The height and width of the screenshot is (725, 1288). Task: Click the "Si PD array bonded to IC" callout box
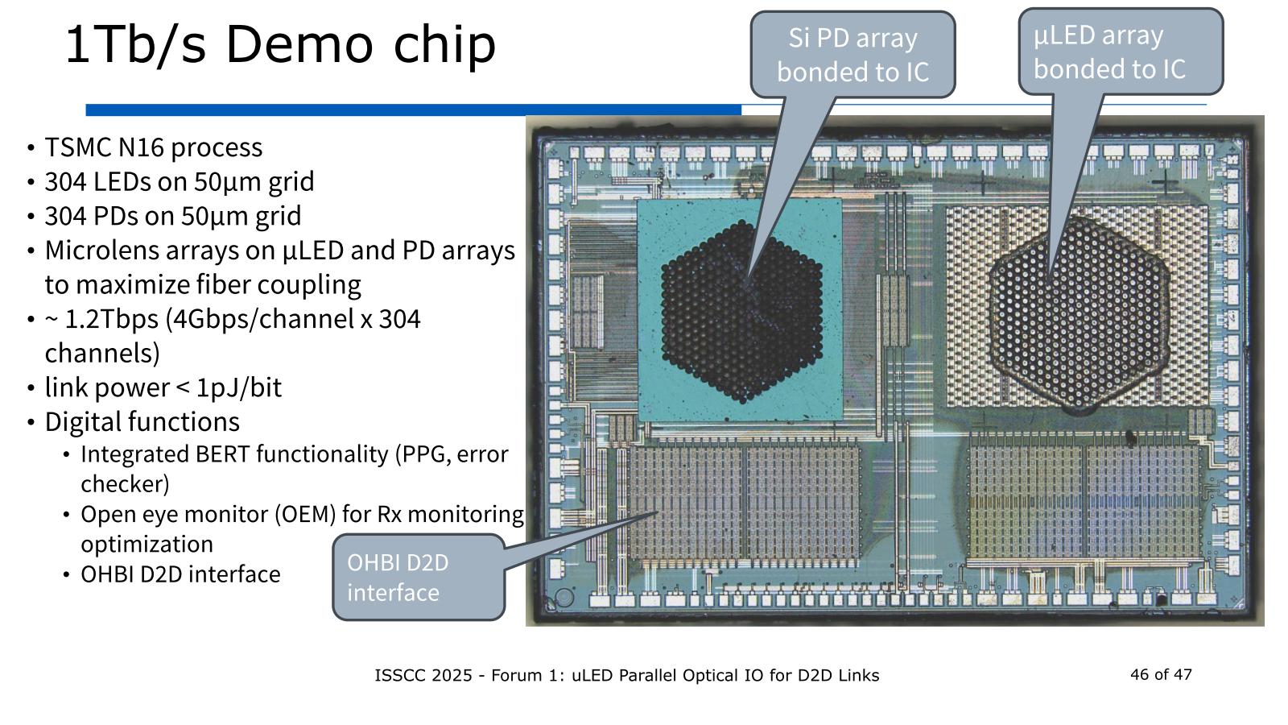(852, 55)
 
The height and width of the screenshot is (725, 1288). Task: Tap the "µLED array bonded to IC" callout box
(1120, 52)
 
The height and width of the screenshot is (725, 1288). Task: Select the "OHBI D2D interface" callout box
(418, 577)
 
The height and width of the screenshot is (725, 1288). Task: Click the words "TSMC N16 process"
(153, 147)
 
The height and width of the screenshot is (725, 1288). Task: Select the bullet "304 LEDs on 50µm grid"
(179, 182)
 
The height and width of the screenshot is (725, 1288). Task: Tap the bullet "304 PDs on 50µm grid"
(172, 217)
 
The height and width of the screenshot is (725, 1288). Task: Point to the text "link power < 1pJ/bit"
(163, 387)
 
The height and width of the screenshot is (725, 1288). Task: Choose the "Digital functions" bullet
(142, 422)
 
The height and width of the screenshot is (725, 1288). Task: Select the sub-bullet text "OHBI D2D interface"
(180, 574)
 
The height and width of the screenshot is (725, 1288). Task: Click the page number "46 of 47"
(1161, 674)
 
